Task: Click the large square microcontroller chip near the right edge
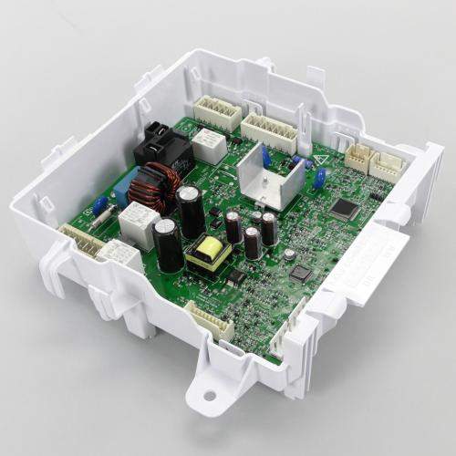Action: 344,208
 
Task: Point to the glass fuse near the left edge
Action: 102,217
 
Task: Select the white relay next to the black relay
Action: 211,144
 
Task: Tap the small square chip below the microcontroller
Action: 300,273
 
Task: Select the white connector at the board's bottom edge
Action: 210,321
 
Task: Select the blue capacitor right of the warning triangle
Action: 318,177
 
